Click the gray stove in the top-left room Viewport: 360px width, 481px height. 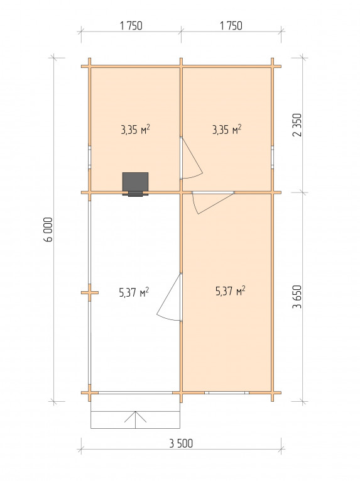coord(135,184)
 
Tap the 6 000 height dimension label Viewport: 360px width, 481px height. coord(48,229)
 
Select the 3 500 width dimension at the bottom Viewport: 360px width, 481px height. coord(181,443)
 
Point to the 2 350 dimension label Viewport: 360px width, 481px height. coord(297,125)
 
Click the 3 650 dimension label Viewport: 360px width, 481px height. coord(297,297)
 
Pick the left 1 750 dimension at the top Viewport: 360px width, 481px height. coord(131,26)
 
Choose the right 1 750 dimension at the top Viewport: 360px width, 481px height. coord(231,26)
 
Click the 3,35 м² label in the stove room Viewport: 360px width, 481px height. coord(135,130)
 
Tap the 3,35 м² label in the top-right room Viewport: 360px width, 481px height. coord(227,130)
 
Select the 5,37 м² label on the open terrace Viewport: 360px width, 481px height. coord(134,292)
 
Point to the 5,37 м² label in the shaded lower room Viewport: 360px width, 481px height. coord(231,291)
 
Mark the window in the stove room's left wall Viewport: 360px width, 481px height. coord(90,157)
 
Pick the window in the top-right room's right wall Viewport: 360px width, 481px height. coord(272,157)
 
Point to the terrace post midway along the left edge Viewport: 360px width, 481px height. coord(90,292)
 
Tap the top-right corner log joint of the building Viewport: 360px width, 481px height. coord(272,66)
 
